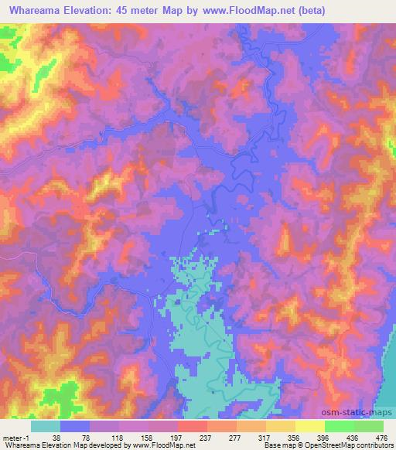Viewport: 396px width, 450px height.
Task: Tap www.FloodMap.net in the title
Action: coord(241,11)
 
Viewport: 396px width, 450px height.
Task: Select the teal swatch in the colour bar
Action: coord(46,425)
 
